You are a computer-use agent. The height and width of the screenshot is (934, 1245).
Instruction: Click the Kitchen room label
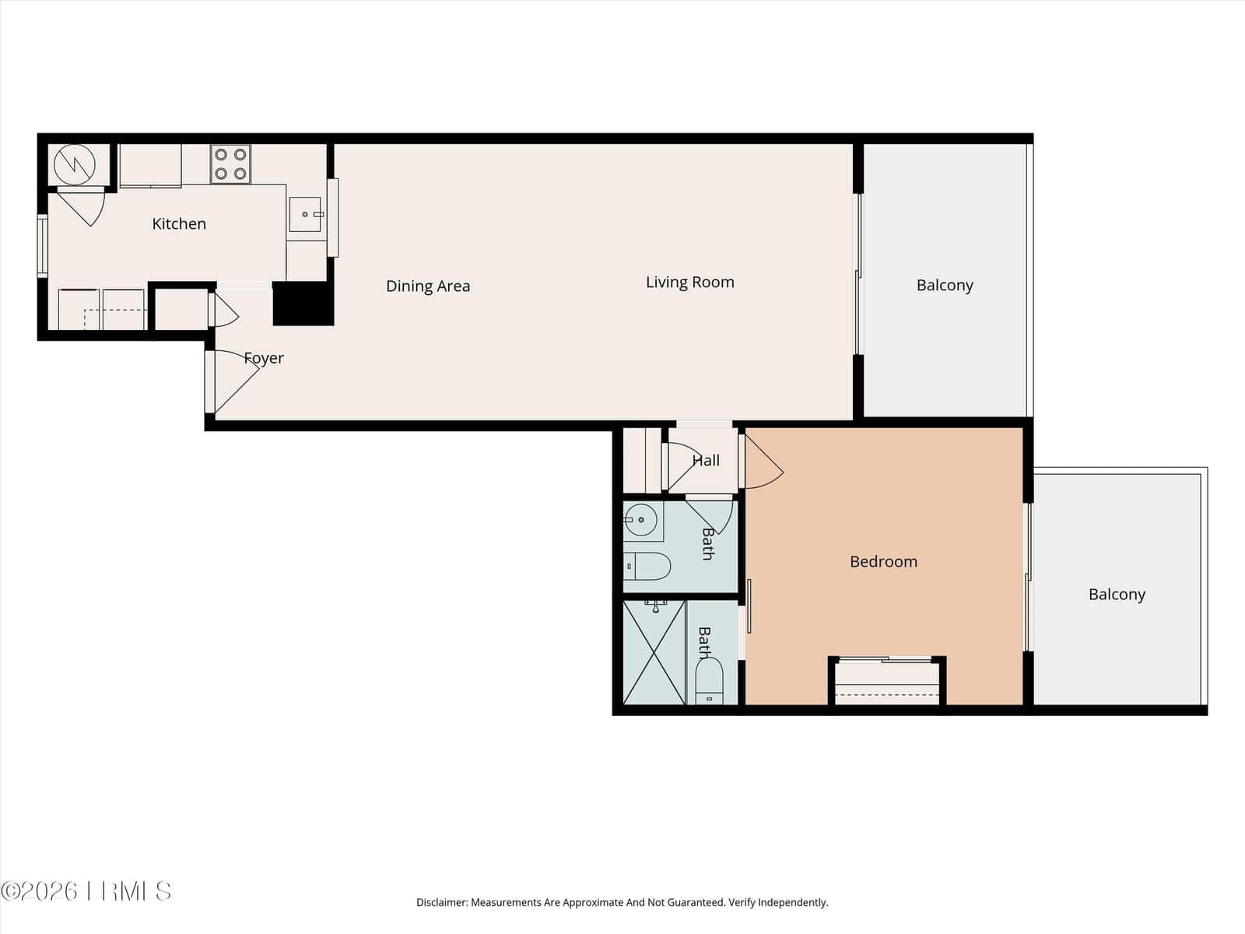pyautogui.click(x=179, y=224)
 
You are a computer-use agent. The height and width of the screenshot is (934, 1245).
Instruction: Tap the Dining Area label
pyautogui.click(x=428, y=286)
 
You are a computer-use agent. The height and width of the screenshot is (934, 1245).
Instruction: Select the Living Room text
pyautogui.click(x=689, y=283)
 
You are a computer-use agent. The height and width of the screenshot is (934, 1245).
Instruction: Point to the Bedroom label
pyautogui.click(x=883, y=561)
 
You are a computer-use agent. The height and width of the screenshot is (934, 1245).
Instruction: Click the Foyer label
pyautogui.click(x=264, y=358)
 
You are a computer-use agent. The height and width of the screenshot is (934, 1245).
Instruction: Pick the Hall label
pyautogui.click(x=707, y=461)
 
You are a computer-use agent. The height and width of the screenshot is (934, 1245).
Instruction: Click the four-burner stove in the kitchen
pyautogui.click(x=230, y=164)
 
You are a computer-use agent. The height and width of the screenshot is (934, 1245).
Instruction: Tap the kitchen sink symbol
pyautogui.click(x=305, y=214)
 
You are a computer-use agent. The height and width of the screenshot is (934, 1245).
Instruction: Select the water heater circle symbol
pyautogui.click(x=74, y=165)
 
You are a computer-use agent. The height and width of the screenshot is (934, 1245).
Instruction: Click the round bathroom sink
pyautogui.click(x=641, y=519)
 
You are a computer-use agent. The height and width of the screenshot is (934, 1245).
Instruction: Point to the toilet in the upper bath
pyautogui.click(x=647, y=567)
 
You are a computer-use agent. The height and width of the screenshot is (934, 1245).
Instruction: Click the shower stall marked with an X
pyautogui.click(x=654, y=653)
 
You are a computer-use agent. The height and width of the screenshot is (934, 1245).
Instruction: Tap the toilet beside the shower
pyautogui.click(x=709, y=680)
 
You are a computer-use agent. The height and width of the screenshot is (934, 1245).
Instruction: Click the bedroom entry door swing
pyautogui.click(x=763, y=461)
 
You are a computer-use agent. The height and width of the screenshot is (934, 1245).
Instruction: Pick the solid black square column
pyautogui.click(x=303, y=304)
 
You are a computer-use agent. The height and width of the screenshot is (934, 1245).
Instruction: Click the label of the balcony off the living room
pyautogui.click(x=945, y=285)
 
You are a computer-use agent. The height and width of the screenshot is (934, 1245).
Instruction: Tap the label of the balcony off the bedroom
pyautogui.click(x=1117, y=595)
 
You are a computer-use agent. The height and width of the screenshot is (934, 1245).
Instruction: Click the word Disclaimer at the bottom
pyautogui.click(x=442, y=902)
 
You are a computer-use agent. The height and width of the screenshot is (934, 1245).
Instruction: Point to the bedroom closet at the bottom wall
pyautogui.click(x=887, y=682)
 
